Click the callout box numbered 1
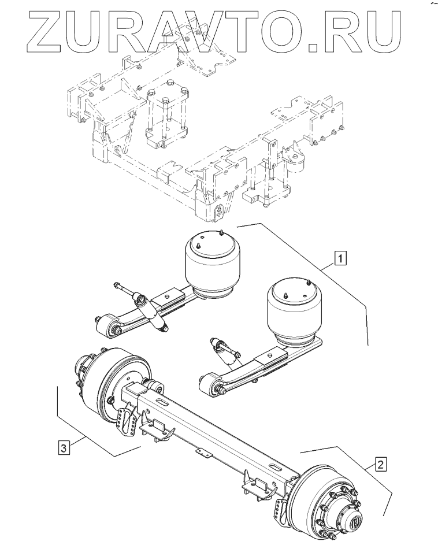point(340,258)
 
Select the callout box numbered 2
point(381,464)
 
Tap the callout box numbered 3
point(64,447)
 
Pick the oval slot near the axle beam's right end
point(276,466)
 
